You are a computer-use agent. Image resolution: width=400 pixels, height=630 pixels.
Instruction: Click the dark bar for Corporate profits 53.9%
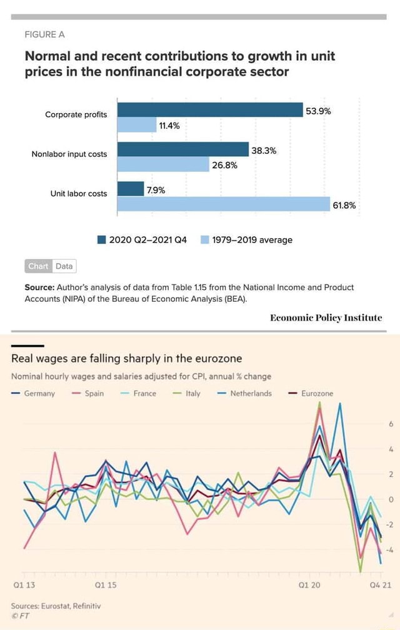coord(210,110)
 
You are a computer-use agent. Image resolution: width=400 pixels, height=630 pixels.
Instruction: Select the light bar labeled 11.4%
coord(136,125)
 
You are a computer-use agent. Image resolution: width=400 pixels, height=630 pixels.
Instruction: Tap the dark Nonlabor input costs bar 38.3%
coord(183,149)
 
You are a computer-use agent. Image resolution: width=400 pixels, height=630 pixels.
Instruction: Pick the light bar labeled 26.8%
coord(163,164)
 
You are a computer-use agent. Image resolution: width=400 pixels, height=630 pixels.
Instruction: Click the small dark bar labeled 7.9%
coord(131,189)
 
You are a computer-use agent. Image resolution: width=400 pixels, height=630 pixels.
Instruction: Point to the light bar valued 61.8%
coord(223,204)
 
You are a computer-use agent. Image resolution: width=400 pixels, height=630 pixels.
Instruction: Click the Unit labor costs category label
coord(79,194)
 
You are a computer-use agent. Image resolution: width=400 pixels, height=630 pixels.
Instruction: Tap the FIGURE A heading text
coord(44,34)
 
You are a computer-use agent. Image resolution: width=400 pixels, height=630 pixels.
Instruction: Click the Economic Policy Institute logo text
coord(326,317)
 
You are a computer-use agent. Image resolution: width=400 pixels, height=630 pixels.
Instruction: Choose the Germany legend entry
coord(34,393)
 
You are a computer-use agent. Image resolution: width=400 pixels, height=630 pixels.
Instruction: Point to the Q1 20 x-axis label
coord(309,585)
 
